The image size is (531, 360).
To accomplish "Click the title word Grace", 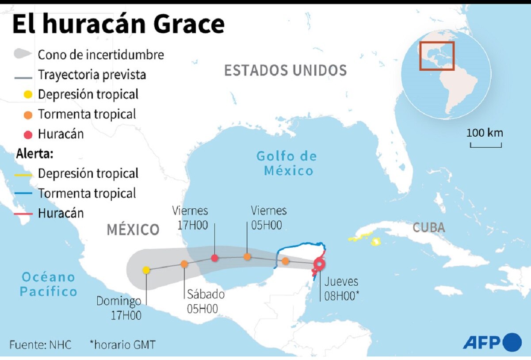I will (187, 24).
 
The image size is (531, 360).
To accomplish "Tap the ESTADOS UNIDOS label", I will (285, 70).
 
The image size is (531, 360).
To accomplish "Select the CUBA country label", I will (428, 228).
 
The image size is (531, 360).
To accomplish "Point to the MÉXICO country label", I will (133, 230).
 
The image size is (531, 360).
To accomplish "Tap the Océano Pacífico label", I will (49, 284).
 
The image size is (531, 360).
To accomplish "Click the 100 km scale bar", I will (485, 145).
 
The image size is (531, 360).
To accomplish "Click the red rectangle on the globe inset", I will (437, 56).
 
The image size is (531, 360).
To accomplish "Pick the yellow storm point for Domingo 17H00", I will (146, 270).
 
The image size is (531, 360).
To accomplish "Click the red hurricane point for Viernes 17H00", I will (214, 258).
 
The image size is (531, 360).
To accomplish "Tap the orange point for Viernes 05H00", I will (247, 257).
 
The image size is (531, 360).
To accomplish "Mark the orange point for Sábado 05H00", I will (184, 264).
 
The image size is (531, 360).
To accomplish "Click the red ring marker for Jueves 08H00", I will (319, 264).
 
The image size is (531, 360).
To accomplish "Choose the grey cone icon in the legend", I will (23, 54).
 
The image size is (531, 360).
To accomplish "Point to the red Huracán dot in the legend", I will (28, 134).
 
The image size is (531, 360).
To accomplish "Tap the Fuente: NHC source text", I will (40, 345).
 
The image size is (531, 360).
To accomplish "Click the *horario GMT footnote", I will (122, 345).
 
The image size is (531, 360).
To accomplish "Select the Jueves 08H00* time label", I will (341, 289).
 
